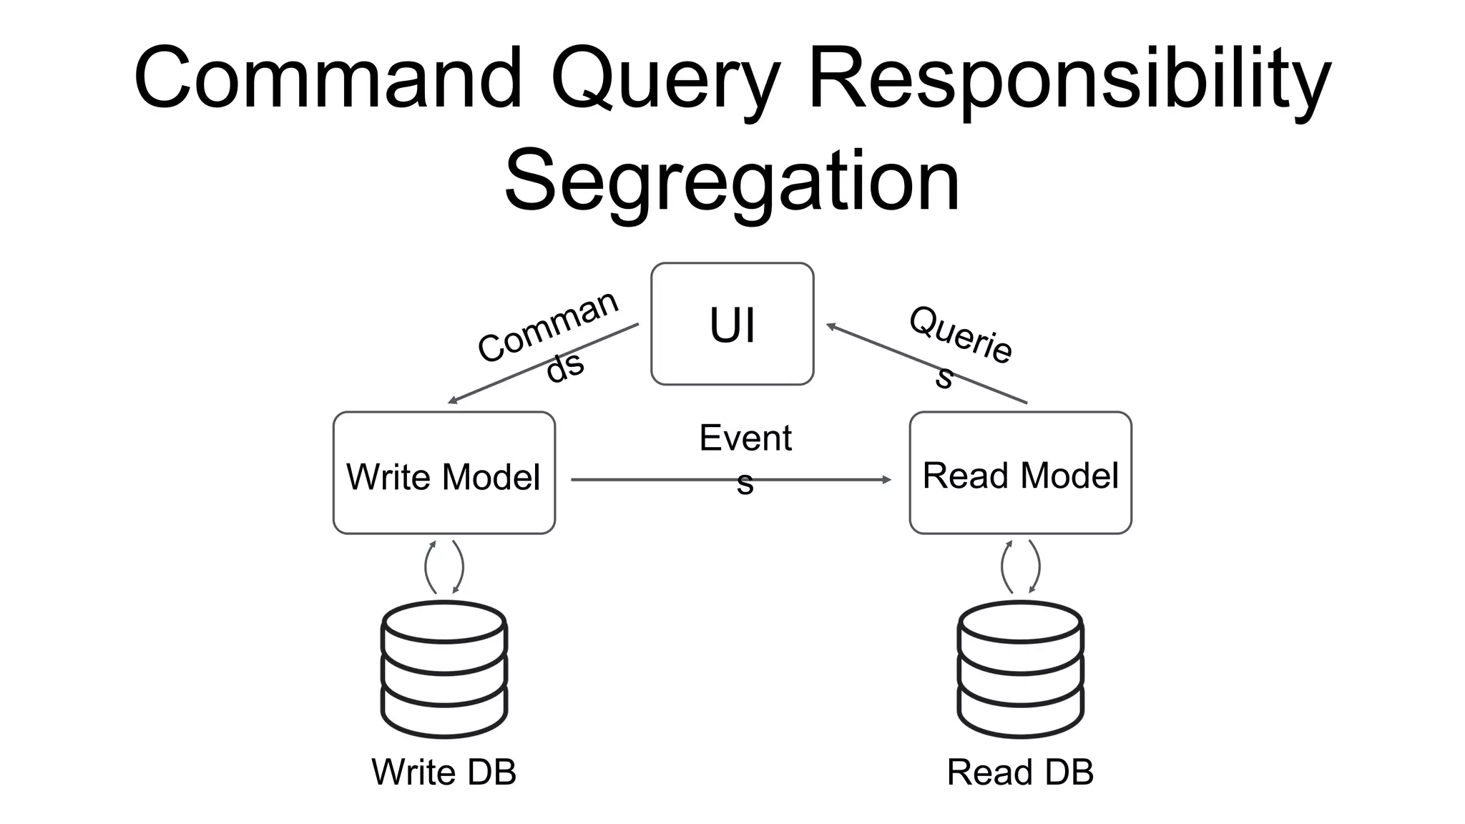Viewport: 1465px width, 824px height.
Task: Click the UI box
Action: coord(732,324)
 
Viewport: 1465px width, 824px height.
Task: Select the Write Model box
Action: coord(444,473)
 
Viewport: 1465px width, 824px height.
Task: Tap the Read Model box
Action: coord(1020,473)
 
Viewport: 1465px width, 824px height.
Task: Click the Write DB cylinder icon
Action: coord(444,669)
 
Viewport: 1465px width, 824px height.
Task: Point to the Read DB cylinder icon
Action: coord(1020,669)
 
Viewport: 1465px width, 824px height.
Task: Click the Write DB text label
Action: coord(444,772)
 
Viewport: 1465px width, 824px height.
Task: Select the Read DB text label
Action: coord(1020,772)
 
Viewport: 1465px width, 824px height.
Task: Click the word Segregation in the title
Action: coord(731,182)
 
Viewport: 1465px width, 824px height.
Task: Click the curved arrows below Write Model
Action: coord(444,567)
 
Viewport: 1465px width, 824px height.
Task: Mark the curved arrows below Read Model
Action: coord(1020,567)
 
